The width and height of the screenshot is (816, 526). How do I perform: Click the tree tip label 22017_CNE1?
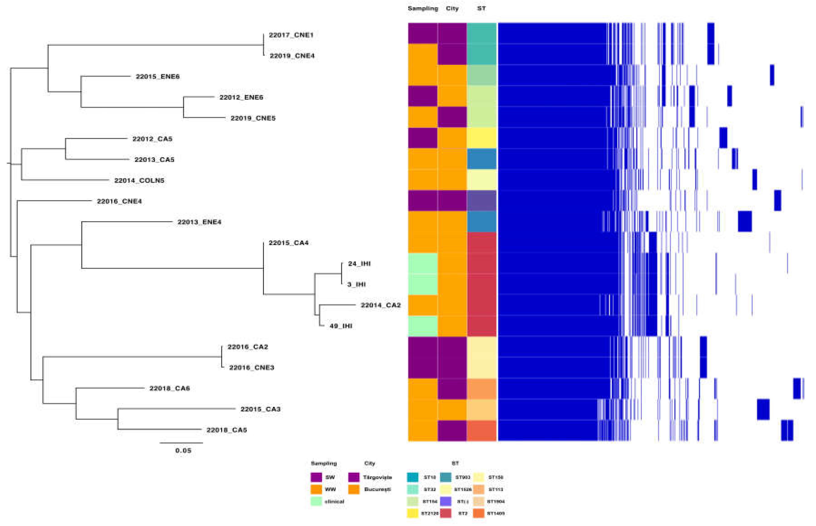tap(291, 35)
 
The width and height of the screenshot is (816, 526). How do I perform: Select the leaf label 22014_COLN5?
tap(139, 180)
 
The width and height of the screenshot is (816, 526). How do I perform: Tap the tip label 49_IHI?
tap(341, 326)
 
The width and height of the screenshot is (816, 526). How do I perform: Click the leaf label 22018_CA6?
tap(170, 388)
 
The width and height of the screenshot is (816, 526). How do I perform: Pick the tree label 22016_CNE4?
tap(119, 201)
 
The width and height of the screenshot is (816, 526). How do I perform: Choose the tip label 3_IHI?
tap(356, 284)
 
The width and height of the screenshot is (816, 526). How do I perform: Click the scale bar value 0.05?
tap(183, 450)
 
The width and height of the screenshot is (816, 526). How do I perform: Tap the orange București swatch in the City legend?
tap(354, 489)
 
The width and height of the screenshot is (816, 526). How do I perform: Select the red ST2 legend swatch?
tap(446, 513)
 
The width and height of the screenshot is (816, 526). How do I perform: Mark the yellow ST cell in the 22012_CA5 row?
tap(482, 138)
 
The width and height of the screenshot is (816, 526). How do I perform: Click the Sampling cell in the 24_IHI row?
tap(423, 263)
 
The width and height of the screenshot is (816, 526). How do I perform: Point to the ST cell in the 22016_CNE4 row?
tap(482, 201)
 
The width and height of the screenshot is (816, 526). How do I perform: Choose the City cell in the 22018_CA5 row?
tap(452, 430)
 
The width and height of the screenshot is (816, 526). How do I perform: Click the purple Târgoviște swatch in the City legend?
tap(354, 477)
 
